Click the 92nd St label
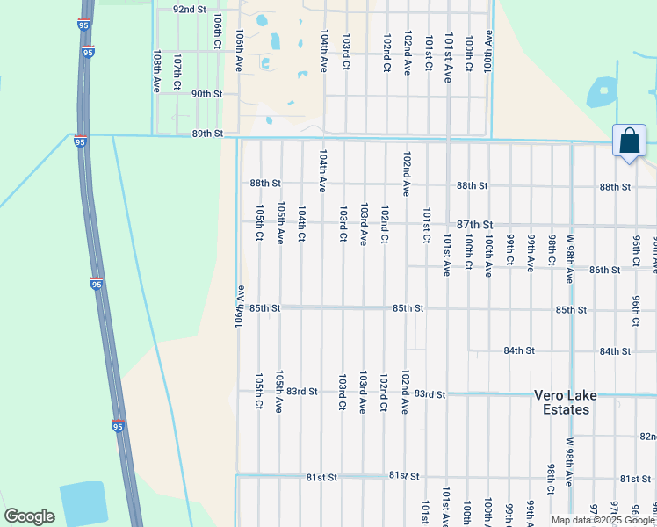point(189,9)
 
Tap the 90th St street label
point(206,94)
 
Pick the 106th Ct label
point(218,31)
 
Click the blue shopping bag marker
point(629,141)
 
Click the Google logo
point(29,516)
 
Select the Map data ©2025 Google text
point(603,520)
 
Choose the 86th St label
point(604,270)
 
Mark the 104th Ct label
point(301,223)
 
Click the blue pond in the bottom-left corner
point(83,503)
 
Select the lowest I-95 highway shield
point(118,426)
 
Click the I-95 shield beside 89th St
point(80,141)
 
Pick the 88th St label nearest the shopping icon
point(615,187)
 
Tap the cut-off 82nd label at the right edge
point(647,437)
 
